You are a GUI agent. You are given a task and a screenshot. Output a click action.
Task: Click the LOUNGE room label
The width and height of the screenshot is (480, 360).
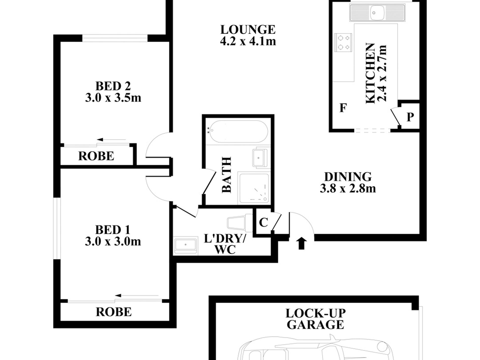tap(248, 30)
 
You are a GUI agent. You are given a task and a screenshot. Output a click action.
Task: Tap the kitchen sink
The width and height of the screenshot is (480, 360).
tap(377, 13)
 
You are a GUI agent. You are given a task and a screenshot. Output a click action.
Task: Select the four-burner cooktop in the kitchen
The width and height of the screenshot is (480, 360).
tap(343, 43)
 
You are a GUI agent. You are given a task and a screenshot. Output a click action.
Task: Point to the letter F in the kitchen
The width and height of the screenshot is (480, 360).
tap(343, 108)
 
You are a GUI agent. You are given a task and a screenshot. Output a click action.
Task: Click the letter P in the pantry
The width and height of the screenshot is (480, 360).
tap(410, 117)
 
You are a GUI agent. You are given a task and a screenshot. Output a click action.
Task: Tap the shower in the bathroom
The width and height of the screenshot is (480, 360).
tap(254, 188)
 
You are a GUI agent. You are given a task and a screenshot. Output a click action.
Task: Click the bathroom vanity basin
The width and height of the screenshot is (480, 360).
tap(260, 157)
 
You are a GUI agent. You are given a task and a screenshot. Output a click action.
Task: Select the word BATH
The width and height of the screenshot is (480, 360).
tap(226, 175)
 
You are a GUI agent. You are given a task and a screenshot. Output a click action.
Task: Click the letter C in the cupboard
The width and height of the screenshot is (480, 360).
tap(263, 223)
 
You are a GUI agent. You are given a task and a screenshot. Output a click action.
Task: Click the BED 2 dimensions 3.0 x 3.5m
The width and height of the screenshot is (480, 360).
tap(113, 98)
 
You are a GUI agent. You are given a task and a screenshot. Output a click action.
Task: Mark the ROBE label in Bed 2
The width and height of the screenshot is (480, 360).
tap(96, 156)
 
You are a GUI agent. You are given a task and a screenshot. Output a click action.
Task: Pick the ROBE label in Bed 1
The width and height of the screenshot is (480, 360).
tap(114, 312)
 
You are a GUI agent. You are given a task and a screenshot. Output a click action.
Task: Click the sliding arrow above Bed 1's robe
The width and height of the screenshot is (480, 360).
tap(137, 295)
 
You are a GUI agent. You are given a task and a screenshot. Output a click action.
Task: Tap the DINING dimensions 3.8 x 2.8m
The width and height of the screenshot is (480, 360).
tap(348, 188)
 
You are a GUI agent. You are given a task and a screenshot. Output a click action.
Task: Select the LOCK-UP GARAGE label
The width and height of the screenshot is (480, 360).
tap(316, 319)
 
